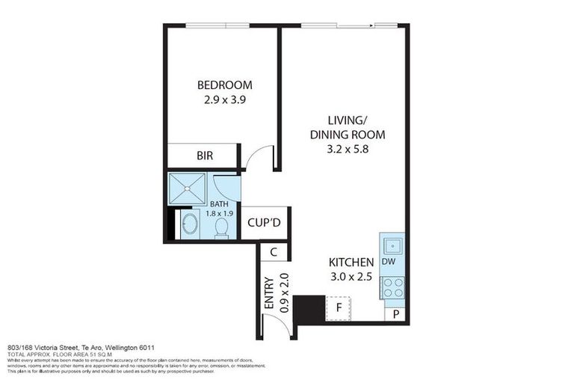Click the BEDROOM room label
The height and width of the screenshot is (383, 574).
point(224,85)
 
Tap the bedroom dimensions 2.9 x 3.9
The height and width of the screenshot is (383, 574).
point(224,99)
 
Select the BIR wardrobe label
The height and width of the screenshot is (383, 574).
point(205,156)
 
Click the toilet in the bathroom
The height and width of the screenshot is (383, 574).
point(222,227)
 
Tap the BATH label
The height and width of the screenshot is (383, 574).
point(219,203)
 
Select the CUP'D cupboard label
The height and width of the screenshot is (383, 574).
point(265,222)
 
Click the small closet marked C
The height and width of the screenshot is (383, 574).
point(274,252)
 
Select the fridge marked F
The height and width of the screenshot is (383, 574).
point(339,307)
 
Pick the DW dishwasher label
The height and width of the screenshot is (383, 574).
point(388,262)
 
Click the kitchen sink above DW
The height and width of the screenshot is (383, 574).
point(392,244)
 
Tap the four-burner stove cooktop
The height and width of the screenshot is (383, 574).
point(392,288)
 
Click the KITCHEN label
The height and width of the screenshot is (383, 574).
point(351,262)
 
